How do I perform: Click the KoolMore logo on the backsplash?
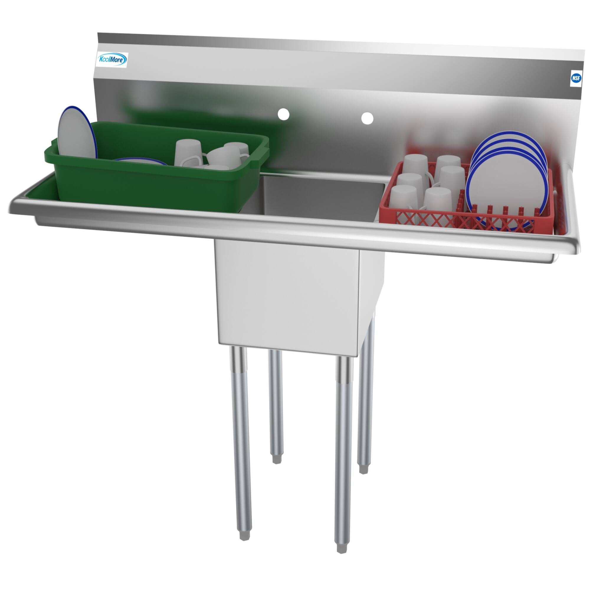pyautogui.click(x=112, y=60)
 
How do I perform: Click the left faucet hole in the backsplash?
pyautogui.click(x=283, y=114)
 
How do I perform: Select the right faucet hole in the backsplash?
pyautogui.click(x=367, y=118)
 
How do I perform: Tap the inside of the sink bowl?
pyautogui.click(x=321, y=199)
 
